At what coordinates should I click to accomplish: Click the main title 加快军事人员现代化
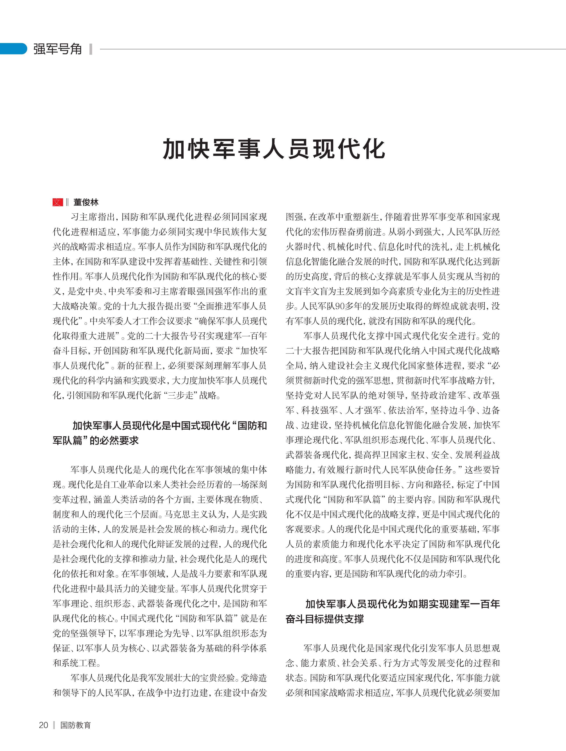(x=274, y=149)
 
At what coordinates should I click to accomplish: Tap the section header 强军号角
(x=58, y=49)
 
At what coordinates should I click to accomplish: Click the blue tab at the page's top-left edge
(x=13, y=49)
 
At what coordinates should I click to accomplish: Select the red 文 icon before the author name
(x=58, y=202)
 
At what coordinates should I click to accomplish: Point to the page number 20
(x=43, y=725)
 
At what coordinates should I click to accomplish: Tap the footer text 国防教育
(x=75, y=725)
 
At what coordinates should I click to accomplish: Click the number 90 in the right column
(x=340, y=306)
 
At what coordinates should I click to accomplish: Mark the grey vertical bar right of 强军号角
(x=90, y=49)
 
